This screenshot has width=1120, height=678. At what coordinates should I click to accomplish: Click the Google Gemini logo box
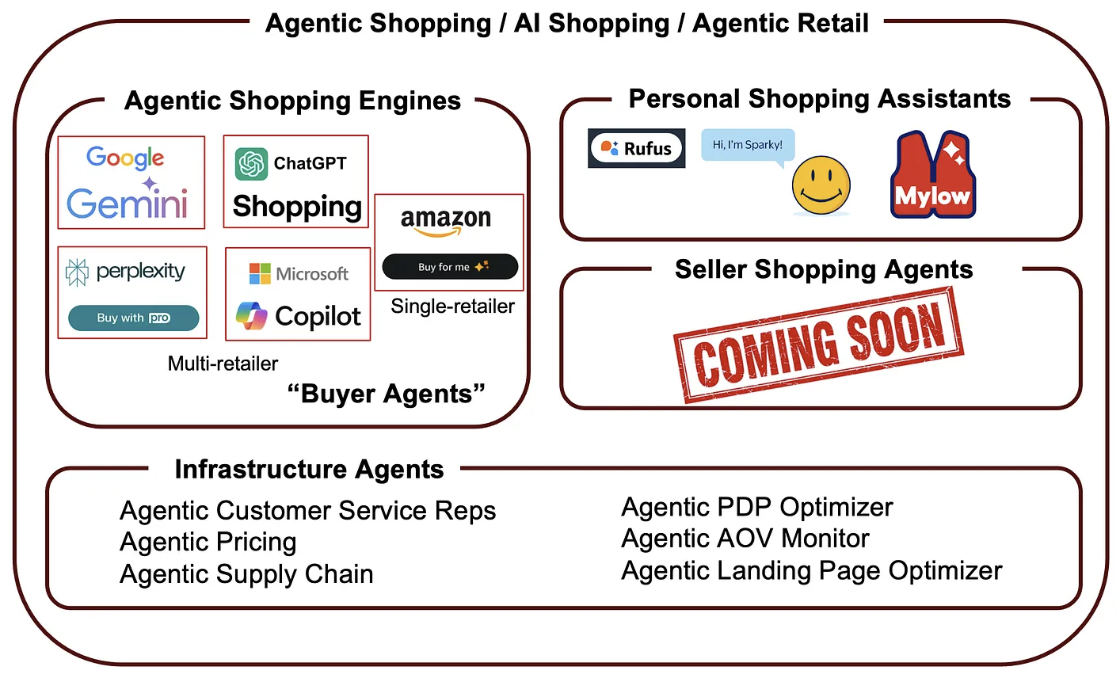coord(131,182)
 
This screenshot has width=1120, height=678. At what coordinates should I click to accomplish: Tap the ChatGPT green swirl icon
coord(251,164)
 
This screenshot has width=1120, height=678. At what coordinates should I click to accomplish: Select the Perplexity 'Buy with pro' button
coord(133,318)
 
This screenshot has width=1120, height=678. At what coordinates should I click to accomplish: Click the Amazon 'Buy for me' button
coord(450,267)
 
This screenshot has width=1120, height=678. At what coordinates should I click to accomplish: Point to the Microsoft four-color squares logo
coord(260,273)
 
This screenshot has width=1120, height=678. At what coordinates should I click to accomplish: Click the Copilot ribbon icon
coord(252,316)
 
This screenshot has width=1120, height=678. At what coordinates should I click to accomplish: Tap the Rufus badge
coord(636,148)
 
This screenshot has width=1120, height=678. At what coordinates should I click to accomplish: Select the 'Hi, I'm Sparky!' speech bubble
coord(747,146)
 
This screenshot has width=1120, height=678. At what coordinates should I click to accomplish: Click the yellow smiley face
coord(821,185)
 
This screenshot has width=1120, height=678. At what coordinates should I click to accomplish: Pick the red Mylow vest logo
coord(933,176)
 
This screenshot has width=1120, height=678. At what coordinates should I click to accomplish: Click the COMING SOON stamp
coord(819,345)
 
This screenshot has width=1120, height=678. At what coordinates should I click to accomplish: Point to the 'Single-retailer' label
coord(452,307)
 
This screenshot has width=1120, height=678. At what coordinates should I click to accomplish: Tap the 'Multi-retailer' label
coord(223,364)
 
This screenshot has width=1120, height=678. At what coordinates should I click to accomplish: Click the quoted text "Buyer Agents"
coord(386,394)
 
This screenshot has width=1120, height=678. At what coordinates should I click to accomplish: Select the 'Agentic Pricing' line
coord(208,542)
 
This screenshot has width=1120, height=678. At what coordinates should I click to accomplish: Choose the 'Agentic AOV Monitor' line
coord(745,539)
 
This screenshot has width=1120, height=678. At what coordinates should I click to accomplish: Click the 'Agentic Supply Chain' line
coord(246,574)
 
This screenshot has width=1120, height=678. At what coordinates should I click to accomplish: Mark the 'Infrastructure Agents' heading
coord(309,469)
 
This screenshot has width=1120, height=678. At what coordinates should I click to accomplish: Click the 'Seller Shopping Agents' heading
coord(823,269)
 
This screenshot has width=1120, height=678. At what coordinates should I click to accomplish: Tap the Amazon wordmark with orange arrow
coord(446,221)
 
